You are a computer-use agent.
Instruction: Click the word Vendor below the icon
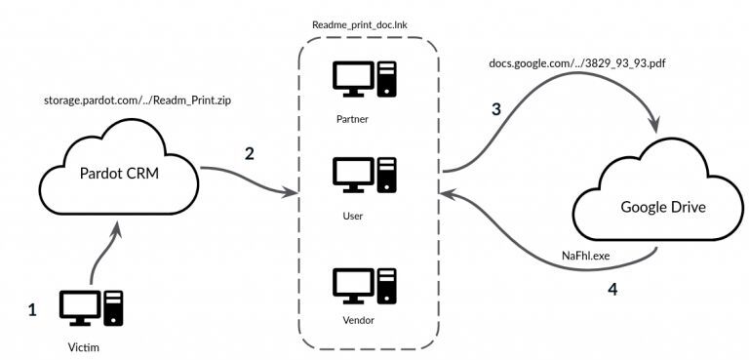[x=353, y=319]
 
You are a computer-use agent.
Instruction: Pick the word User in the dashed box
[x=353, y=215]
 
